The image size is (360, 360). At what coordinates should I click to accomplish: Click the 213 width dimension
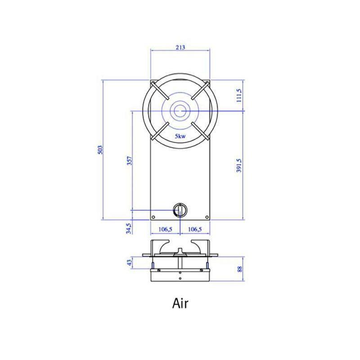click(x=179, y=47)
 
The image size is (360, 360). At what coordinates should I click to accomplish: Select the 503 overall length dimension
click(x=101, y=150)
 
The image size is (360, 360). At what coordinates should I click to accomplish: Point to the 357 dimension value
click(x=130, y=161)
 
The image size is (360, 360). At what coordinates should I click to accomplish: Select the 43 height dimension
click(x=130, y=262)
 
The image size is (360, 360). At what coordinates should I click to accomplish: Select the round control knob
click(x=180, y=209)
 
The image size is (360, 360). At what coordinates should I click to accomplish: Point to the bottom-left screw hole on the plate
click(x=153, y=217)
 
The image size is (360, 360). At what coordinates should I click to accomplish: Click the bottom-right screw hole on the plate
click(x=207, y=217)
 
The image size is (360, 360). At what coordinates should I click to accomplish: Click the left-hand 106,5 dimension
click(x=165, y=229)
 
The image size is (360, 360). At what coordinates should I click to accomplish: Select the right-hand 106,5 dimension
click(x=195, y=229)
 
